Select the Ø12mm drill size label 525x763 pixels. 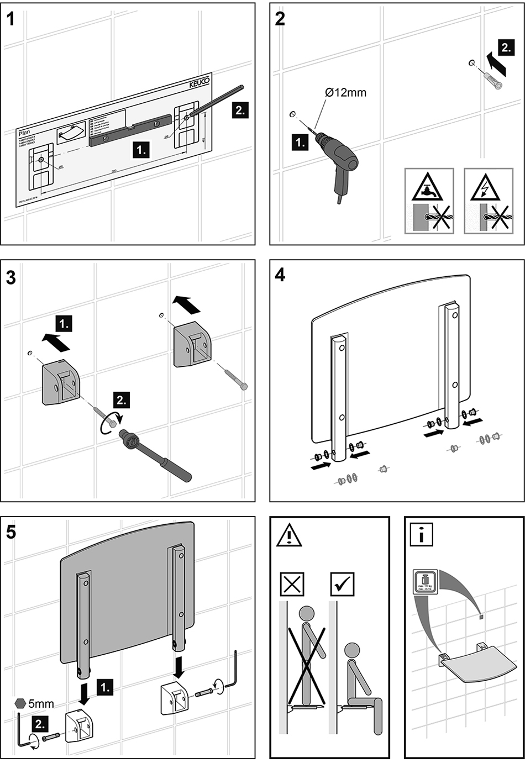(345, 93)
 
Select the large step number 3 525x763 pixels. (11, 278)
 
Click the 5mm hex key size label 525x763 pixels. (41, 703)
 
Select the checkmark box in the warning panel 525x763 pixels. (342, 584)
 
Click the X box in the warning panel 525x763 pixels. (292, 584)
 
